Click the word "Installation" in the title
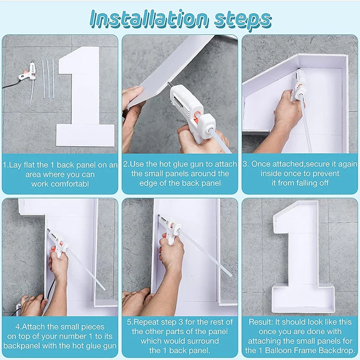point(149,18)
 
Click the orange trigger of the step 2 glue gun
point(195,117)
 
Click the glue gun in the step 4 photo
point(58,243)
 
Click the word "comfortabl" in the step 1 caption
point(60,184)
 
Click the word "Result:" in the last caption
point(261,322)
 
